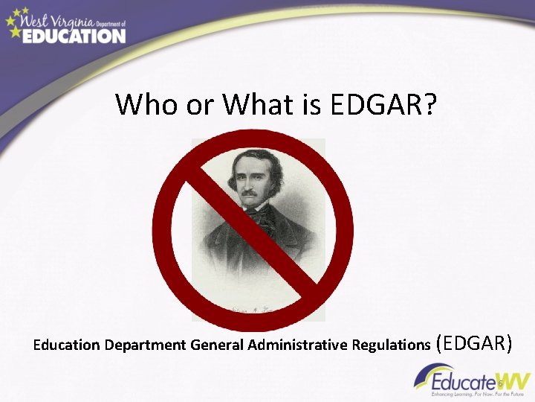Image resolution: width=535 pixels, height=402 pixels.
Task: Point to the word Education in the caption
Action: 68,345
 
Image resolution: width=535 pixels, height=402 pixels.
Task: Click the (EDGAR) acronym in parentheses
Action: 475,342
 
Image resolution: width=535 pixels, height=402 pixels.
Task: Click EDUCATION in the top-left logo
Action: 74,34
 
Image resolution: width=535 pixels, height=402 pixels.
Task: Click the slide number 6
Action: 501,384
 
